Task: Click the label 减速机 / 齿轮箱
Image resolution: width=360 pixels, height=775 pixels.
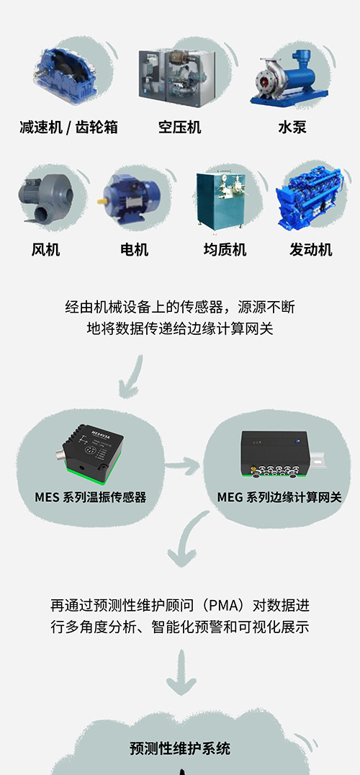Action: [x=68, y=127]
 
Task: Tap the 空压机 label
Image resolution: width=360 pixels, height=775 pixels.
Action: [x=180, y=127]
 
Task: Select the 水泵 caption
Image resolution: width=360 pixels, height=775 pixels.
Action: [x=292, y=127]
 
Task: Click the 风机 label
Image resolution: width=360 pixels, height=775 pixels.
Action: [x=46, y=250]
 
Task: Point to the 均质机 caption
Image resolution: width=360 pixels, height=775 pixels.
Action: [x=225, y=250]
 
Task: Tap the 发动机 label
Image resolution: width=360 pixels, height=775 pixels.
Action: [x=310, y=250]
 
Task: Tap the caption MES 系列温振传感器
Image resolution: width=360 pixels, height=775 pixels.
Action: [x=91, y=496]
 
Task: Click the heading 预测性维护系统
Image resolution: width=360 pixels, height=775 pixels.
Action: [x=180, y=748]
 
